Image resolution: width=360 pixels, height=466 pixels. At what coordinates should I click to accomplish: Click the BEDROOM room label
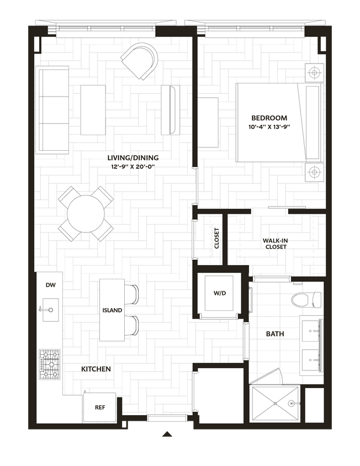click(x=269, y=118)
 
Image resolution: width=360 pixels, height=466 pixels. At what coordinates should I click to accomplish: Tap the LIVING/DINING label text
click(x=133, y=158)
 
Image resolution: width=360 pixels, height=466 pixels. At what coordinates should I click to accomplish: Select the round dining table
click(x=86, y=214)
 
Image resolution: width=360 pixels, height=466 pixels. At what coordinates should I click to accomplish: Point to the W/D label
click(x=220, y=293)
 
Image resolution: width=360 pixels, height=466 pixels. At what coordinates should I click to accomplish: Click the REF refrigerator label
click(x=100, y=407)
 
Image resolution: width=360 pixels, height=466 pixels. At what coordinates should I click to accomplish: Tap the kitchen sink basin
click(x=51, y=310)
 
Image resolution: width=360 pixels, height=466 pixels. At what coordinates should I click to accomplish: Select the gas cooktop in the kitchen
click(x=50, y=364)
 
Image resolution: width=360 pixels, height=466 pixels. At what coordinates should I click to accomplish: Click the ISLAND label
click(x=112, y=310)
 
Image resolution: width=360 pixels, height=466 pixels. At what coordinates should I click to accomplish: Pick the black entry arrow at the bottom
click(x=167, y=434)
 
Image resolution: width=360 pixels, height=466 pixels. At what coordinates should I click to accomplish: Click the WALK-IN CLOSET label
click(x=276, y=243)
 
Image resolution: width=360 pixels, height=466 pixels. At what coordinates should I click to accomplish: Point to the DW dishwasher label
click(x=51, y=285)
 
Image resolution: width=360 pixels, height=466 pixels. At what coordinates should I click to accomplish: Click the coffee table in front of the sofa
click(x=93, y=110)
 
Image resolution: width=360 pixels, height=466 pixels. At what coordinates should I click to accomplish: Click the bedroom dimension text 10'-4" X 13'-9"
click(x=269, y=127)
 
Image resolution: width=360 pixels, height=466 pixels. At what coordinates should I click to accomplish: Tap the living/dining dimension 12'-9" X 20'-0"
click(x=133, y=167)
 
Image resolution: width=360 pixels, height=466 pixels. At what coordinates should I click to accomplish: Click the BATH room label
click(x=275, y=334)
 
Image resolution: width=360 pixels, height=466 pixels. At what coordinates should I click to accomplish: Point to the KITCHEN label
click(x=96, y=369)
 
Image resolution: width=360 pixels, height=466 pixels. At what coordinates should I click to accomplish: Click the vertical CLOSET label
click(x=216, y=239)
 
